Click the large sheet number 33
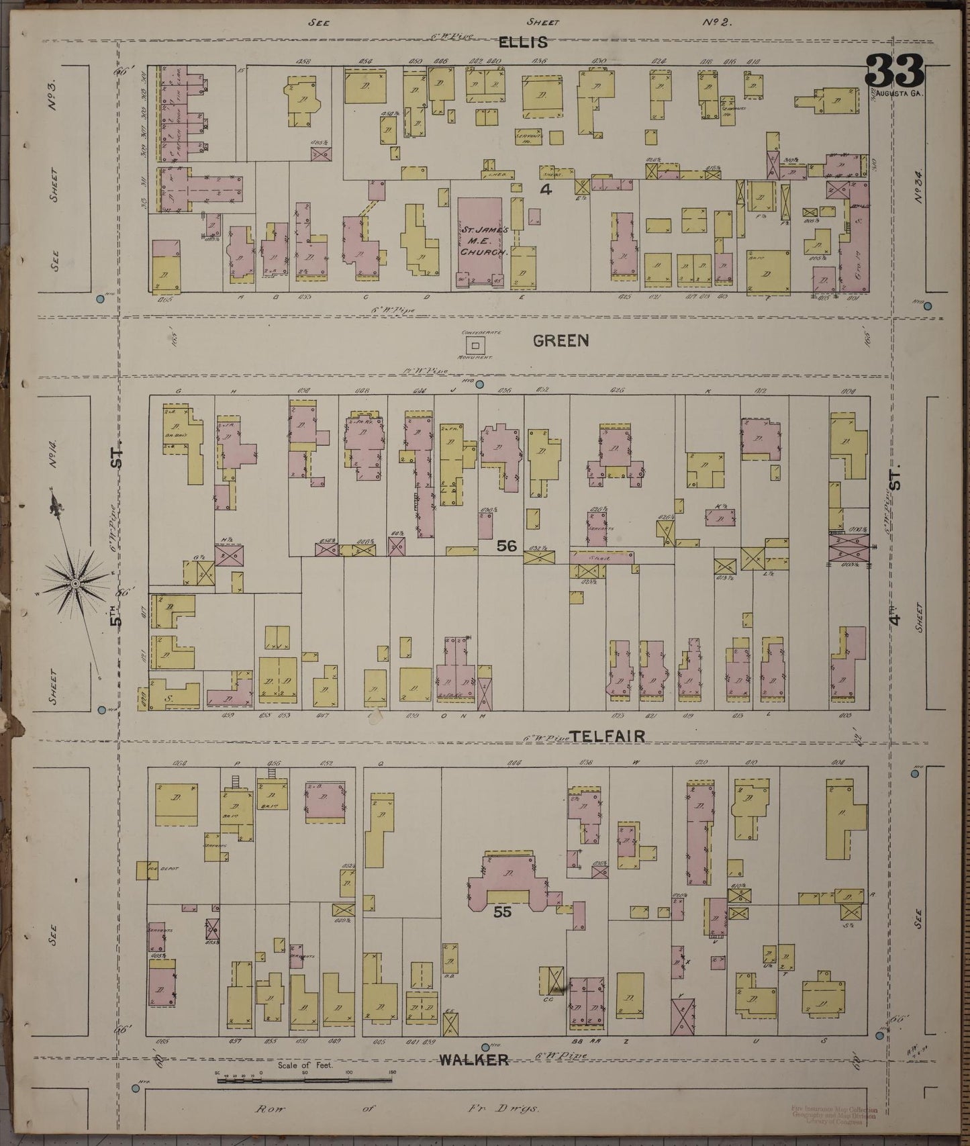coord(895,71)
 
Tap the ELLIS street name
coord(523,42)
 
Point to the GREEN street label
coord(561,341)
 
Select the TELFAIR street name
coord(609,736)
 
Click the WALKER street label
coord(473,1060)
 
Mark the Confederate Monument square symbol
coord(476,346)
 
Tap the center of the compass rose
coord(75,584)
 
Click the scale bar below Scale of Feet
coord(304,1080)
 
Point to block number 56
coord(507,546)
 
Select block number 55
coord(503,912)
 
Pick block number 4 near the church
coord(545,190)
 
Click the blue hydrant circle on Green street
coord(481,385)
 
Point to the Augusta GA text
coord(900,93)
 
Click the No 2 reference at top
coord(716,21)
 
